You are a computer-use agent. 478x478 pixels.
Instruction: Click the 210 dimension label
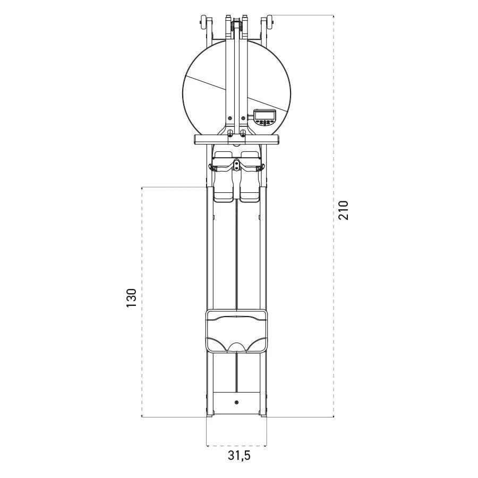point(343,210)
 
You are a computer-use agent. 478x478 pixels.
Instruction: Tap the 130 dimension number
point(132,297)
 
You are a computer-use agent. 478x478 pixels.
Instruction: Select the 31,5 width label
point(239,456)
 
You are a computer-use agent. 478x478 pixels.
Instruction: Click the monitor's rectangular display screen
point(264,115)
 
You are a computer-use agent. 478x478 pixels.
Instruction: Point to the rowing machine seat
point(236,331)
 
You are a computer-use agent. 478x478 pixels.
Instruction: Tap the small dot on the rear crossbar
point(236,403)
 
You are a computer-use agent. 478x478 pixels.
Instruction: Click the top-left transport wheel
point(203,22)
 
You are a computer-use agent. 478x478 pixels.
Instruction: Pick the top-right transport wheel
point(269,22)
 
